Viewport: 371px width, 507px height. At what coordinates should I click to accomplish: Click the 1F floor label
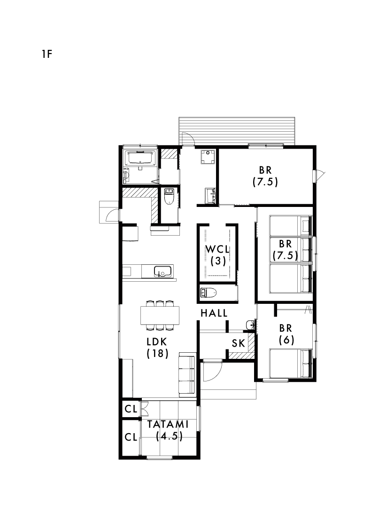47,54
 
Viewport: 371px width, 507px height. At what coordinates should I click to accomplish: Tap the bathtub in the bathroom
140,158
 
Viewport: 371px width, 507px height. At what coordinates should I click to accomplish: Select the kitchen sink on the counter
163,271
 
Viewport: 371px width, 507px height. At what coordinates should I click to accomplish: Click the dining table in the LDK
160,315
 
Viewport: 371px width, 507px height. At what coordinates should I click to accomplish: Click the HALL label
214,313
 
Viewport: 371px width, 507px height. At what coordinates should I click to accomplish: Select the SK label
239,343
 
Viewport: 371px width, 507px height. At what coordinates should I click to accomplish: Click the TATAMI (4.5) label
168,430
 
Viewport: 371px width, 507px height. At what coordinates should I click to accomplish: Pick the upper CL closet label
131,409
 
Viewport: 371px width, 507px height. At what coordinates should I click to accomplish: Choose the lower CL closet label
131,437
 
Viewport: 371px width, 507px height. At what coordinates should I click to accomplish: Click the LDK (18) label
158,348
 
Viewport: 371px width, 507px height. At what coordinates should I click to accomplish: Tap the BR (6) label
286,334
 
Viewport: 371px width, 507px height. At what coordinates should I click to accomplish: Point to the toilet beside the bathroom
170,197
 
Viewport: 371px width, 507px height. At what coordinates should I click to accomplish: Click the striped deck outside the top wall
237,131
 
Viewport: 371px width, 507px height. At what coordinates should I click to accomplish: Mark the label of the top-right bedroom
265,176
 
